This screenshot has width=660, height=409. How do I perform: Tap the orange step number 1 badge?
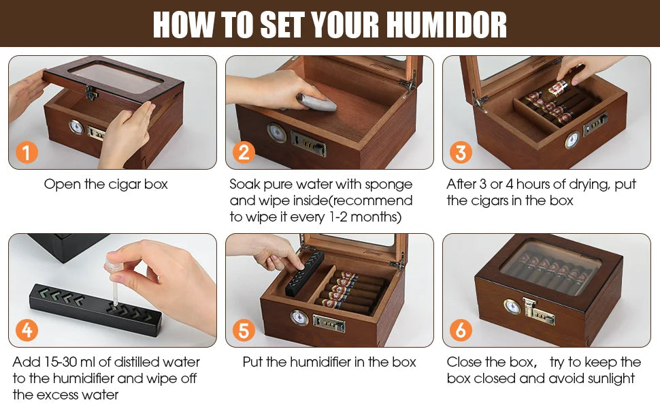(x=26, y=152)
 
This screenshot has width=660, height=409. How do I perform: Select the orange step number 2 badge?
(x=243, y=152)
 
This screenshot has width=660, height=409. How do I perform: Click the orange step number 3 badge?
(x=460, y=152)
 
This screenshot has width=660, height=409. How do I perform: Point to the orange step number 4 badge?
(x=26, y=330)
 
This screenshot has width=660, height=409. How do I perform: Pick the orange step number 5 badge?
(x=243, y=330)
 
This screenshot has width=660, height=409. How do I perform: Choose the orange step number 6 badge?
(x=460, y=330)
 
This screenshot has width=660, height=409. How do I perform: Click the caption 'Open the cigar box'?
(x=105, y=184)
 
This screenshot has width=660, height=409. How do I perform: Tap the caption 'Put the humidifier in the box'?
(x=329, y=362)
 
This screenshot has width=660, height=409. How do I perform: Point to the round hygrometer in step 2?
(x=277, y=132)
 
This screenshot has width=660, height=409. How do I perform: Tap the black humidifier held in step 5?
(x=304, y=273)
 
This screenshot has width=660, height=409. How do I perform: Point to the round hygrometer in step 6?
(x=512, y=307)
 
